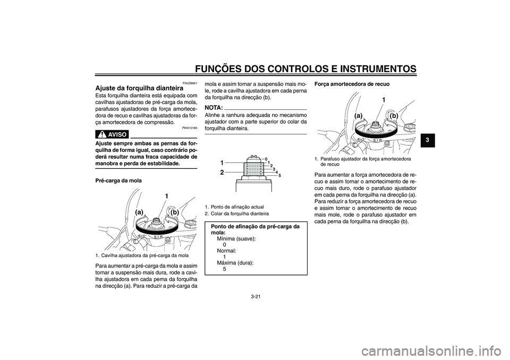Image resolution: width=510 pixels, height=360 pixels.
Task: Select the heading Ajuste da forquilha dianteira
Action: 137,88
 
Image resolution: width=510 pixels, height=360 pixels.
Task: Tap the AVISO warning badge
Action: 112,134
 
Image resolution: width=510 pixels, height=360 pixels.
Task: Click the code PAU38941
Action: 190,83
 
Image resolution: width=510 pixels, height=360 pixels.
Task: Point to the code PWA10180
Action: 190,128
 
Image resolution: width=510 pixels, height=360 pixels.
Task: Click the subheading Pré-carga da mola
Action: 118,181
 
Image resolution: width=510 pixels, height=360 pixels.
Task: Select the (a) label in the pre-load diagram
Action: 140,212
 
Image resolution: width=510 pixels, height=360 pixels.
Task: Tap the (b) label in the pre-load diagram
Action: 175,212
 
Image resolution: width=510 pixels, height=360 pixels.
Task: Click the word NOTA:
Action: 214,107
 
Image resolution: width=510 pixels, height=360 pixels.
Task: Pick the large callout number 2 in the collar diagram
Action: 222,173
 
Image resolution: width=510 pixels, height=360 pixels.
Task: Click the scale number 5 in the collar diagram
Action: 280,175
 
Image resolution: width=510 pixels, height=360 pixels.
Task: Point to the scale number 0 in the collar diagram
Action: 266,159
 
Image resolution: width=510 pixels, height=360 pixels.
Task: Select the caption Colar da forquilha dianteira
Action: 240,213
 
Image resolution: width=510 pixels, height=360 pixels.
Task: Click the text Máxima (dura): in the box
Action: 235,263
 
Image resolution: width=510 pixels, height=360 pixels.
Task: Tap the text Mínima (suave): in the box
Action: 236,239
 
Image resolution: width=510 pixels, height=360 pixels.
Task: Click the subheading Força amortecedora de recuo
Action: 352,84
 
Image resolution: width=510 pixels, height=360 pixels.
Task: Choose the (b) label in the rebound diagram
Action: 394,115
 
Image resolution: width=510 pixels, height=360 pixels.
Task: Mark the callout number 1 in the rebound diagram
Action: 384,100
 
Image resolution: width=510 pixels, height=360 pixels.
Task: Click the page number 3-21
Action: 255,296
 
